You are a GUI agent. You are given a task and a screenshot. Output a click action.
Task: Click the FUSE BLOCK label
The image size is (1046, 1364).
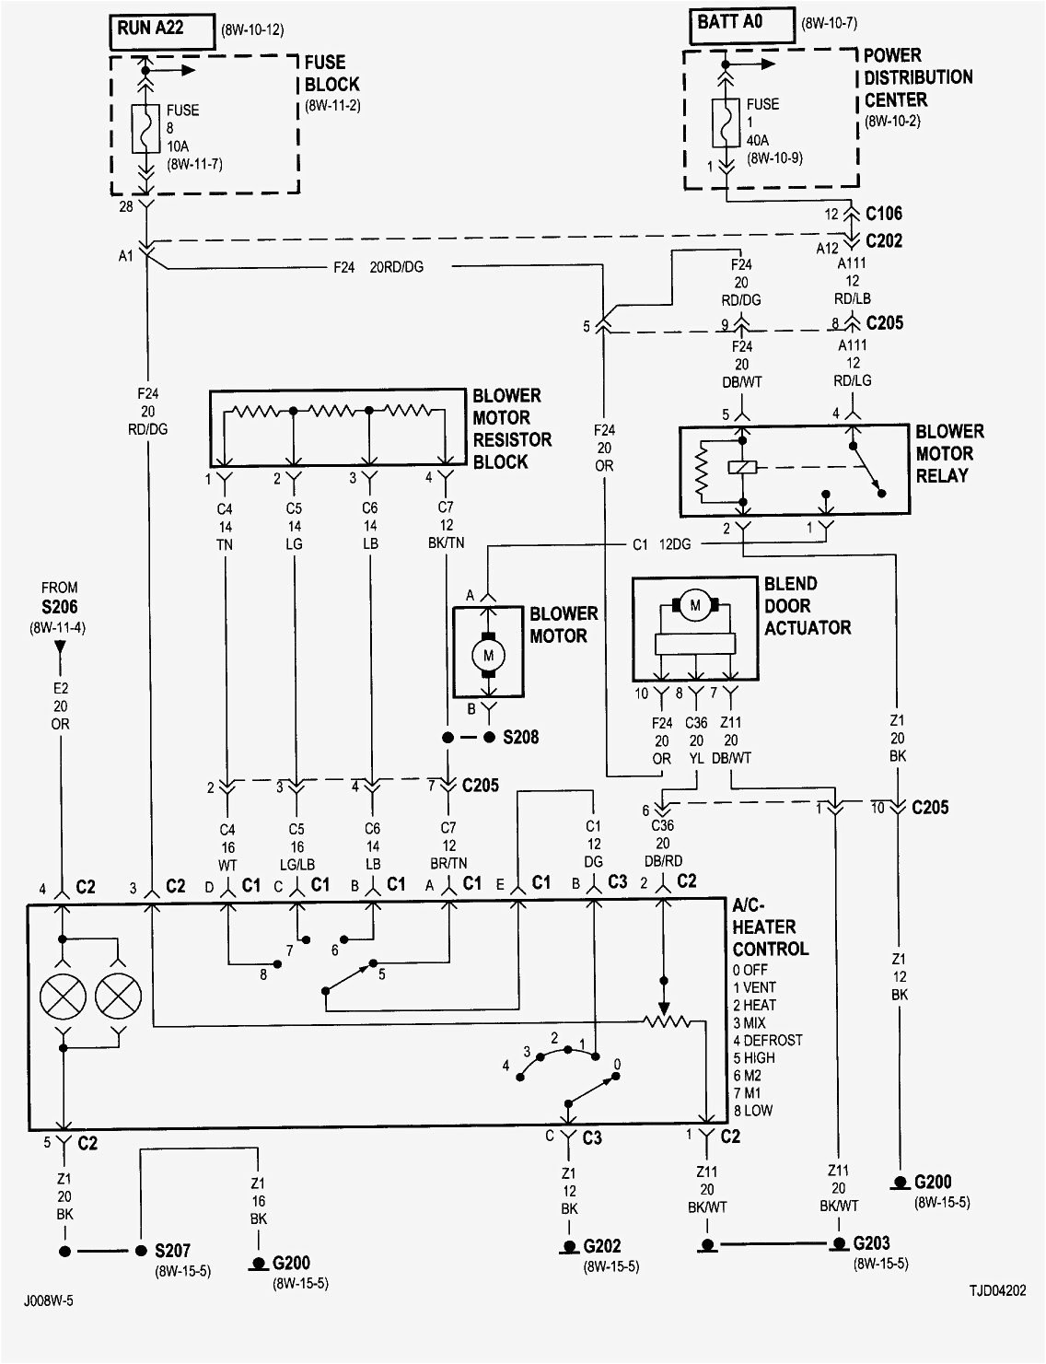click(331, 74)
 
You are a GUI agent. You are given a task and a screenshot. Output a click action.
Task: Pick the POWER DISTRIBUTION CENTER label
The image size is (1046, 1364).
click(917, 77)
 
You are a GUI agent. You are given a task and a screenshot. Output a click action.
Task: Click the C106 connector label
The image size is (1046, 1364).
click(883, 214)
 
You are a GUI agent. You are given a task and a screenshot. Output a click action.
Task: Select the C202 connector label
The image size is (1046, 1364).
click(883, 241)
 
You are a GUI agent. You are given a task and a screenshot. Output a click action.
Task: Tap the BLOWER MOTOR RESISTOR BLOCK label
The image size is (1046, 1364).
click(511, 429)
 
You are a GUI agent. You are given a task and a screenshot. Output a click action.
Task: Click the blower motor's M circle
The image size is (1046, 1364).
click(489, 655)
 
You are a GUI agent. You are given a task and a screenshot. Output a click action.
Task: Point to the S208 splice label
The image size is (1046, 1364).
click(520, 738)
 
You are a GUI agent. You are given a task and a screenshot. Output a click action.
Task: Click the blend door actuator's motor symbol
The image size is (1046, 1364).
click(696, 605)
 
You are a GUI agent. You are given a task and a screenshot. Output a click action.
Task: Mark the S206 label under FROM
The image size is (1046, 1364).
click(59, 608)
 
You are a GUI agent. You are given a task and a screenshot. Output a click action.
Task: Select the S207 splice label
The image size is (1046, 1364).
click(172, 1252)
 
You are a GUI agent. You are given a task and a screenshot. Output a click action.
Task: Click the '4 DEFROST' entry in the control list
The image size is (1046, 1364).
click(767, 1041)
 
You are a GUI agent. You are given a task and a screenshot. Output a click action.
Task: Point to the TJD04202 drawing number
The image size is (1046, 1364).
click(996, 1291)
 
